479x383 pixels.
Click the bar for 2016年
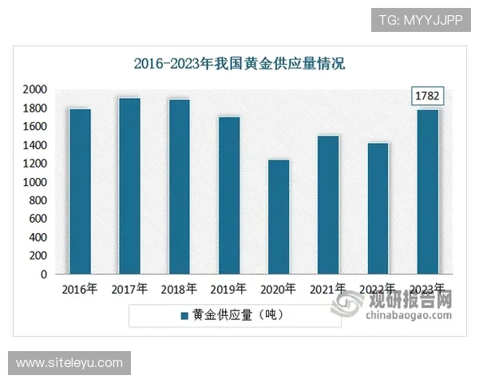tap(80, 191)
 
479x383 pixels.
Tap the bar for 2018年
tap(179, 187)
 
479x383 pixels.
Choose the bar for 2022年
tap(378, 208)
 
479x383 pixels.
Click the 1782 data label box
tap(427, 97)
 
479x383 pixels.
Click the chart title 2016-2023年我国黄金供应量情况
tap(239, 64)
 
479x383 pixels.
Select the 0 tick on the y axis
tap(43, 274)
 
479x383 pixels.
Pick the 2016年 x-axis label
tap(80, 289)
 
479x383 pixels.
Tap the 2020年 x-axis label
tap(279, 289)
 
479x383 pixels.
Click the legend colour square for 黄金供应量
tap(185, 315)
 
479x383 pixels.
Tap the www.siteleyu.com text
tap(69, 363)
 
